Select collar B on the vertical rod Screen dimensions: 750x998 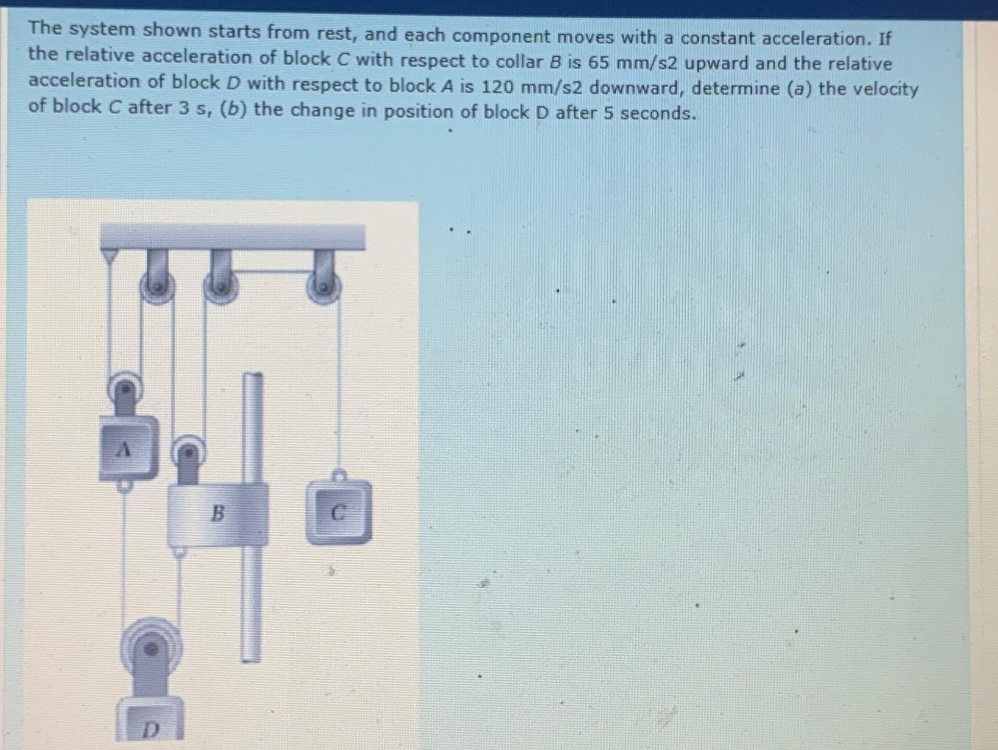[x=217, y=513]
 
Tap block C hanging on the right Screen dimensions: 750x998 [x=339, y=513]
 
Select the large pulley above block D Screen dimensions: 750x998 [x=151, y=649]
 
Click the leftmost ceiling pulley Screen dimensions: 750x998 [x=157, y=286]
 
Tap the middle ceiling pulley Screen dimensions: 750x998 [x=221, y=286]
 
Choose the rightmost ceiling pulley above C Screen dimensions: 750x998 [x=324, y=286]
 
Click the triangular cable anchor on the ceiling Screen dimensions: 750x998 [x=109, y=256]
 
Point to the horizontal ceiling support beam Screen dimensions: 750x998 [x=233, y=237]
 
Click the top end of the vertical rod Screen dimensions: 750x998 [x=253, y=376]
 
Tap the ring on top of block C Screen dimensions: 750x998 [x=339, y=475]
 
